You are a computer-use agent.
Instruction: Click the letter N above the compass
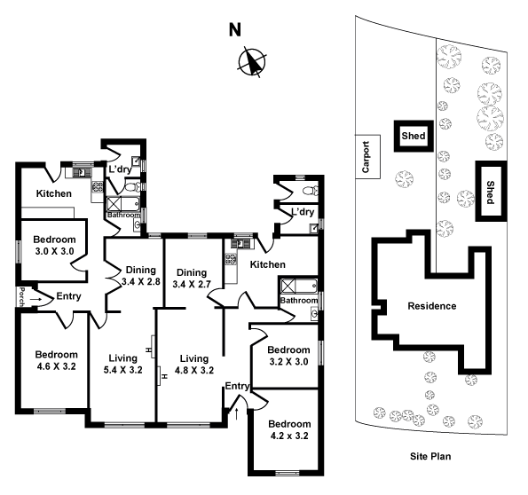pyautogui.click(x=235, y=29)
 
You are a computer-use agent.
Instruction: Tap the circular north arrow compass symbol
pyautogui.click(x=252, y=62)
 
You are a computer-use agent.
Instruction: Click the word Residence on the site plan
pyautogui.click(x=431, y=306)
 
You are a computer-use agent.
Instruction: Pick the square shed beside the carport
pyautogui.click(x=413, y=137)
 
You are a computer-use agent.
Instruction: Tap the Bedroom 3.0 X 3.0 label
pyautogui.click(x=54, y=245)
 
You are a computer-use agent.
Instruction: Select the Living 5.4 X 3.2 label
pyautogui.click(x=122, y=364)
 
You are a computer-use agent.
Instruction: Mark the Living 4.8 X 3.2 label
pyautogui.click(x=193, y=364)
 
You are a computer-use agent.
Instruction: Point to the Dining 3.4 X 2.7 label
pyautogui.click(x=192, y=278)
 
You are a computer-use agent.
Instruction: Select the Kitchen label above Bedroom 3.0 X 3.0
pyautogui.click(x=53, y=193)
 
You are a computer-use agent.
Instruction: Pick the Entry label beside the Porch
pyautogui.click(x=70, y=297)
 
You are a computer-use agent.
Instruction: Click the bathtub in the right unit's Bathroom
pyautogui.click(x=299, y=286)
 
